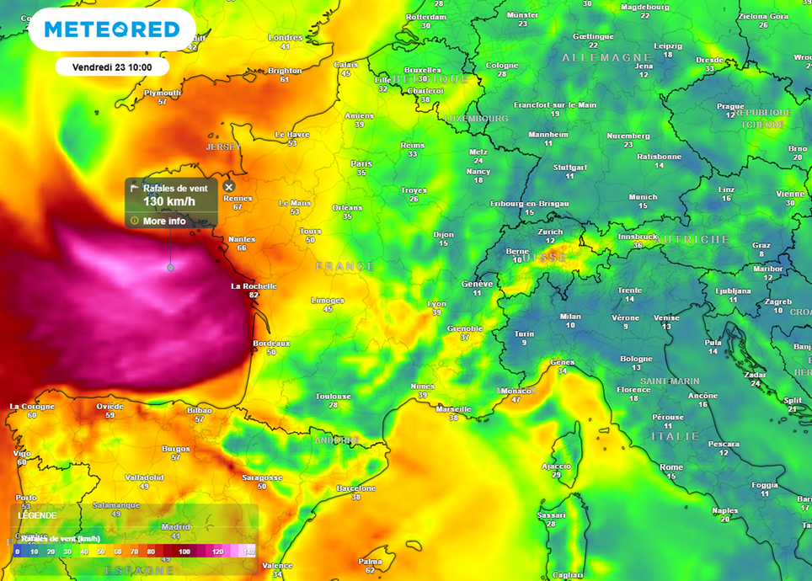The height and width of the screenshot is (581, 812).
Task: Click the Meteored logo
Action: [x=112, y=30]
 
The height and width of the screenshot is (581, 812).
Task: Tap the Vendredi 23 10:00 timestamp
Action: [x=112, y=67]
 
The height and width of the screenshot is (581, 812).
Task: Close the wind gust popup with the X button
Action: [x=229, y=188]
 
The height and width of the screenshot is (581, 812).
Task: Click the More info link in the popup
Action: [x=164, y=221]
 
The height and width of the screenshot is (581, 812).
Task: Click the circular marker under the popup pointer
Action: [x=170, y=268]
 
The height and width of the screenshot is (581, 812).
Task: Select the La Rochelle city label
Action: [x=254, y=286]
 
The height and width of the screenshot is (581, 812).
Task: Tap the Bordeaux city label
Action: [x=271, y=344]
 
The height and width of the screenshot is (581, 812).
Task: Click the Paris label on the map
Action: [x=361, y=163]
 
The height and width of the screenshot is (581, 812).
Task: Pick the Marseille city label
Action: [x=453, y=408]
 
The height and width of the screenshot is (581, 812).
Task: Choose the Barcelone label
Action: [x=355, y=488]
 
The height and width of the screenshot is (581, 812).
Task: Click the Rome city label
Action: [x=671, y=467]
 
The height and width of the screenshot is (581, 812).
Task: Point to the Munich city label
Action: [x=643, y=197]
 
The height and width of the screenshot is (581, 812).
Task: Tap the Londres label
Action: [x=285, y=38]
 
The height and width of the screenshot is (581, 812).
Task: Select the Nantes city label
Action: [x=242, y=239]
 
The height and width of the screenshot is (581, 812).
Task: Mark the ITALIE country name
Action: [x=675, y=436]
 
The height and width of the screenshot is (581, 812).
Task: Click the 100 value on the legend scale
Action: [x=184, y=552]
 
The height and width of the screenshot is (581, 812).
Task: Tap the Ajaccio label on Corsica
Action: [x=556, y=466]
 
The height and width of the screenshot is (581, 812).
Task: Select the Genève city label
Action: [x=477, y=284]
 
